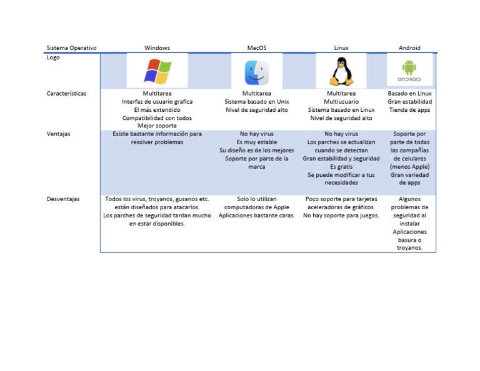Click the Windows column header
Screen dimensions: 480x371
157,47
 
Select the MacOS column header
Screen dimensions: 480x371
257,47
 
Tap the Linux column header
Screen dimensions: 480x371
341,47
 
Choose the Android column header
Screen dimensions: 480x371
409,47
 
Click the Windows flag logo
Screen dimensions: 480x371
157,71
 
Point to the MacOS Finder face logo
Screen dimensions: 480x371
257,72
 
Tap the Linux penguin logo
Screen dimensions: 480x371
341,71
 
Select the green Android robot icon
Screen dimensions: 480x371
409,67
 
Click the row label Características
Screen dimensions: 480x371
66,94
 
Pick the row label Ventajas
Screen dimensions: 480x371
59,134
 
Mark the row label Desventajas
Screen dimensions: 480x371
63,199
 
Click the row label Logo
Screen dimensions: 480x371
53,57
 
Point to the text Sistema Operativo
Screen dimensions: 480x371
71,47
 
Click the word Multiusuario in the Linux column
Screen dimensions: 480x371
341,102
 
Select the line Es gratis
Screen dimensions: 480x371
341,167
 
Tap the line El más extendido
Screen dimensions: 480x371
157,110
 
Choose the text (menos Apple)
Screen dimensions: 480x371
409,167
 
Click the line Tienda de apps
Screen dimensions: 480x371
409,110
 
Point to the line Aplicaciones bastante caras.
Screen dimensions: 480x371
256,215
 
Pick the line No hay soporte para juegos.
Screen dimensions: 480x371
341,215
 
